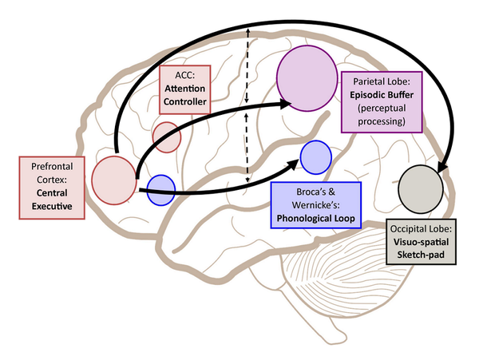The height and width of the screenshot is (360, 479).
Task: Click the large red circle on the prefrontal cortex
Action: click(113, 179)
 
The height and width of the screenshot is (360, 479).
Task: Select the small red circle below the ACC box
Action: click(167, 136)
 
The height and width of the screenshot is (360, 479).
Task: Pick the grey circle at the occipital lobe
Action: click(422, 189)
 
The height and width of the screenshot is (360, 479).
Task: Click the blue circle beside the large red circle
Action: click(161, 188)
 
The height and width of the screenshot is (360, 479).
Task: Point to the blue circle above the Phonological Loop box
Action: click(316, 155)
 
